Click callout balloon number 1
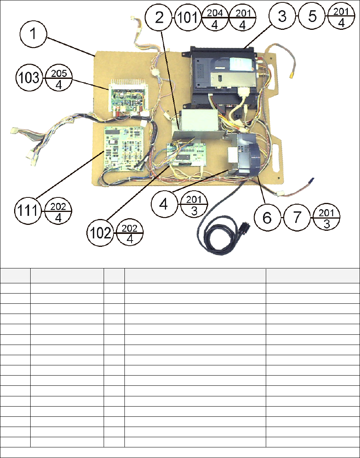click(x=34, y=35)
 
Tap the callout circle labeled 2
click(x=159, y=18)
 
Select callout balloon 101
click(x=188, y=18)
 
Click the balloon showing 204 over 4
click(x=215, y=18)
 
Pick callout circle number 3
click(x=283, y=18)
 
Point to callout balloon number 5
click(x=312, y=18)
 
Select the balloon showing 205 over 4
click(x=58, y=78)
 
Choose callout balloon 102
click(x=101, y=233)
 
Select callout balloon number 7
click(x=296, y=217)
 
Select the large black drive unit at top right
click(x=224, y=77)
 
